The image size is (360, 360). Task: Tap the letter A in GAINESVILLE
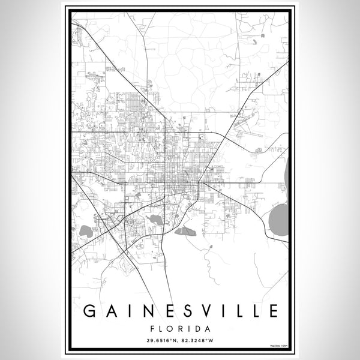[x=108, y=311]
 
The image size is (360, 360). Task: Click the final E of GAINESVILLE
[x=273, y=311]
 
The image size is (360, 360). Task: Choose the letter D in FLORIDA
[x=199, y=329]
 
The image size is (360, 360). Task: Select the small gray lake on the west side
[x=86, y=231]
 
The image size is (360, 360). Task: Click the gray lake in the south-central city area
[x=155, y=220]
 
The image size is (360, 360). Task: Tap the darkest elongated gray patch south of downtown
[x=187, y=230]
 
